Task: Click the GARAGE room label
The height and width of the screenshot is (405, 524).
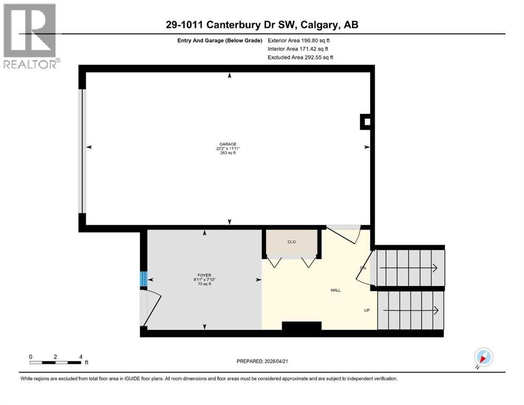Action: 228,144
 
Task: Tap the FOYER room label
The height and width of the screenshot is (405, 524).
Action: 204,275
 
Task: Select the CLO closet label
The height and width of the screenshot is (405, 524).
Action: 291,243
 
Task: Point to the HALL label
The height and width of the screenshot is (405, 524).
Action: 336,290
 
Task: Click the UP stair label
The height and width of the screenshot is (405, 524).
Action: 366,310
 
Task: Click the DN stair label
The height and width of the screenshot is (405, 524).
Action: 363,268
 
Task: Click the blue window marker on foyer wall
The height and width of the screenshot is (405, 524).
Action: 142,278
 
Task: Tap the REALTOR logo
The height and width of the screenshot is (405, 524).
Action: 30,36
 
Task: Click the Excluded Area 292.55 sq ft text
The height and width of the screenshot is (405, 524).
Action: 300,57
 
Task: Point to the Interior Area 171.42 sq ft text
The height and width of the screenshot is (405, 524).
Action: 298,49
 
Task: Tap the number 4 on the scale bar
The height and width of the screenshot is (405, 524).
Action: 81,356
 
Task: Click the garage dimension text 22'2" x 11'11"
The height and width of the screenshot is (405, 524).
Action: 228,149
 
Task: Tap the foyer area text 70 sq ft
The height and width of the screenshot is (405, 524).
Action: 204,284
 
